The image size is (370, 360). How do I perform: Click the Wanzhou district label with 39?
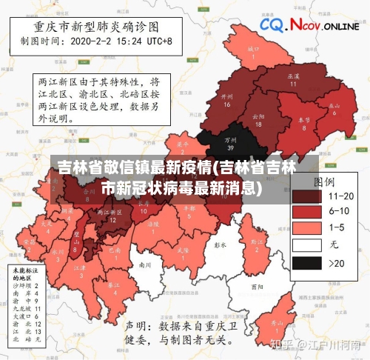230,142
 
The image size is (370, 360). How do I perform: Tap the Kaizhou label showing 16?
227,100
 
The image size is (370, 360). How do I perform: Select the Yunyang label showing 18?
258,119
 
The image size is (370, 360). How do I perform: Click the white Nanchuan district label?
145,264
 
